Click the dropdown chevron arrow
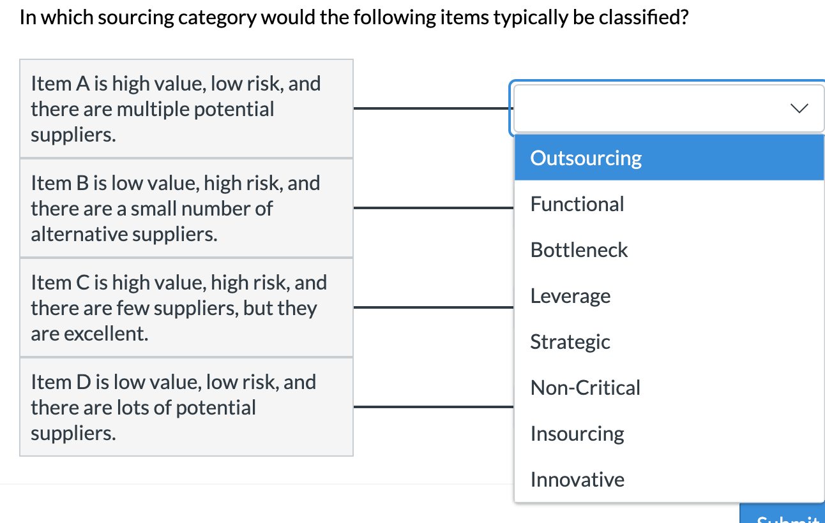(x=799, y=108)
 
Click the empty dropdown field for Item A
(x=639, y=108)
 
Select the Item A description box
(x=186, y=109)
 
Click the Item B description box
(x=186, y=209)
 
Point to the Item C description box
(x=186, y=308)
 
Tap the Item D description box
(x=186, y=408)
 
